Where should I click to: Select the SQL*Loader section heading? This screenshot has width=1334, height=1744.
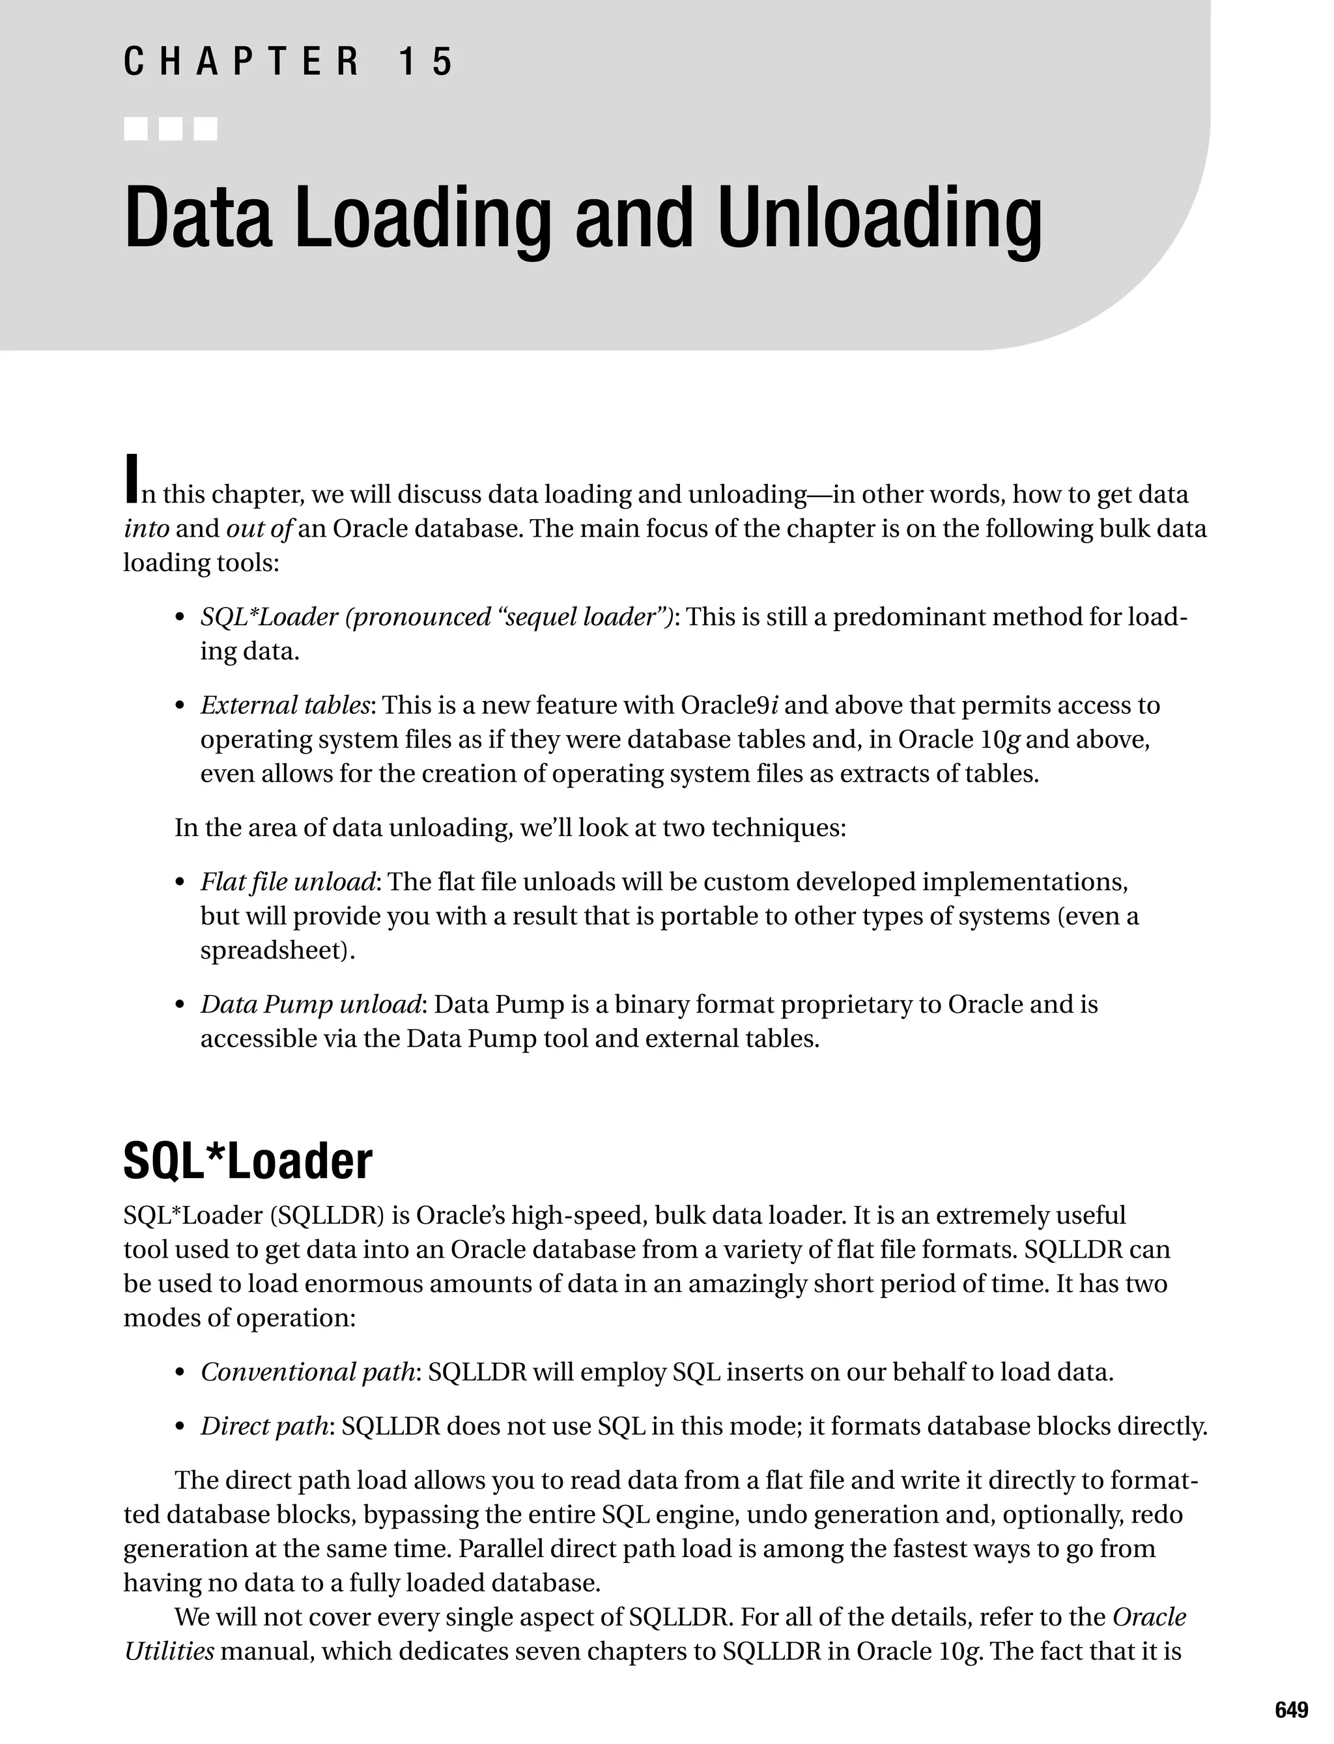[248, 1161]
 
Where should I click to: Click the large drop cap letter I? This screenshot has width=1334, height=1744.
[132, 479]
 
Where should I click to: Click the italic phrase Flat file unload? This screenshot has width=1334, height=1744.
[287, 882]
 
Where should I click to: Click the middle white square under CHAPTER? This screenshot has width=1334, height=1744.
[171, 128]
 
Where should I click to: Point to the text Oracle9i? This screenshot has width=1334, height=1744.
[729, 705]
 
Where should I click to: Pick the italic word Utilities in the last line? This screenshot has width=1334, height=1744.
[168, 1652]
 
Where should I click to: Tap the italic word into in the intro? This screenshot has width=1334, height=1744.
[146, 529]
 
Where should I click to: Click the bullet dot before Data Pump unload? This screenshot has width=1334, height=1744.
[180, 1006]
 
